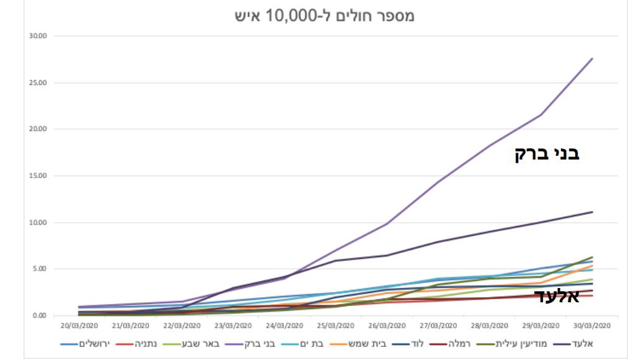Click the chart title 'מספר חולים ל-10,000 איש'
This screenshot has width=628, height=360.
tap(325, 16)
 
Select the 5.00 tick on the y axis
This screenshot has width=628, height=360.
tap(40, 269)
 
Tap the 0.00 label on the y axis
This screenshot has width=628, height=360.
tap(40, 315)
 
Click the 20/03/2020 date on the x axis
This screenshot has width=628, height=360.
tap(78, 325)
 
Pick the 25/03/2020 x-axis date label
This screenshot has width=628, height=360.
tap(335, 325)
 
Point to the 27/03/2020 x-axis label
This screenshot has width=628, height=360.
tap(438, 325)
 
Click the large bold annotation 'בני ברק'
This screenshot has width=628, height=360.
tap(547, 153)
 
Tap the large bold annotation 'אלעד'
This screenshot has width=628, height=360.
tap(557, 295)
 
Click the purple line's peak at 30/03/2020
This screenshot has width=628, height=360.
tap(592, 59)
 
